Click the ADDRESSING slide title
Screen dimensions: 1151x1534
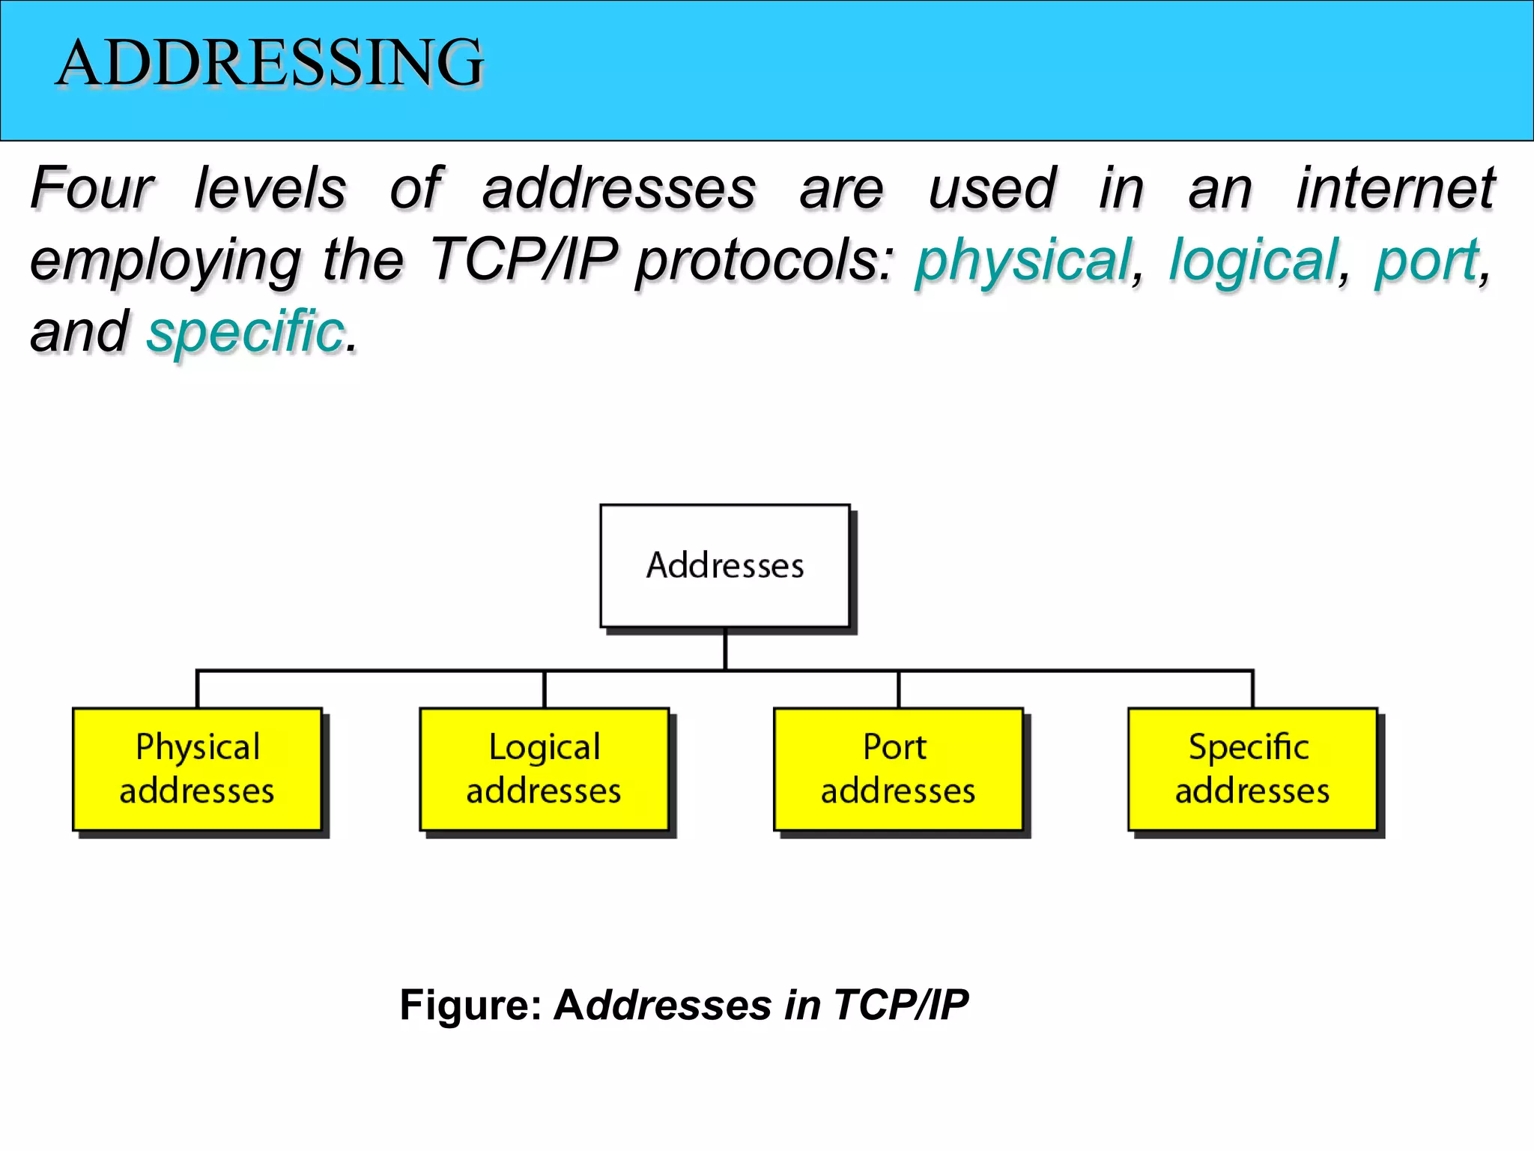pyautogui.click(x=270, y=62)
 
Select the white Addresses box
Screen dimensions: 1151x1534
pyautogui.click(x=724, y=566)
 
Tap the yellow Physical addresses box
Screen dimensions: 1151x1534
pyautogui.click(x=197, y=769)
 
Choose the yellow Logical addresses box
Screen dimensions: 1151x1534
pyautogui.click(x=544, y=769)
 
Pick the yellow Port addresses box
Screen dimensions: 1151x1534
pyautogui.click(x=898, y=769)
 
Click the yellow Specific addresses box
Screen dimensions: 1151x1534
pyautogui.click(x=1252, y=769)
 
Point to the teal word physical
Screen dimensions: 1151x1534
pyautogui.click(x=1023, y=260)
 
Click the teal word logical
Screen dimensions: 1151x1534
pyautogui.click(x=1253, y=260)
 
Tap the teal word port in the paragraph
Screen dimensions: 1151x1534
pyautogui.click(x=1426, y=260)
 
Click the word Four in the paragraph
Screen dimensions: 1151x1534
pyautogui.click(x=91, y=188)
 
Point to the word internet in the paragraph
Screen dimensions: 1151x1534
pyautogui.click(x=1395, y=188)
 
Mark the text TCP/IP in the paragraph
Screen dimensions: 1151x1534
pyautogui.click(x=523, y=260)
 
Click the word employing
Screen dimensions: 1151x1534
pyautogui.click(x=165, y=260)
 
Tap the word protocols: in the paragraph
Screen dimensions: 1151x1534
pyautogui.click(x=765, y=260)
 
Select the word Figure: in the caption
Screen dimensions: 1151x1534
pyautogui.click(x=470, y=1005)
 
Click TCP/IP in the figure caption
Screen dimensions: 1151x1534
pyautogui.click(x=900, y=1005)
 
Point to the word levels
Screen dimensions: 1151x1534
pyautogui.click(x=270, y=188)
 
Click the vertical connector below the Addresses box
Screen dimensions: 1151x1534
pyautogui.click(x=725, y=649)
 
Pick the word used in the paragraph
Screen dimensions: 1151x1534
pyautogui.click(x=992, y=188)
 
